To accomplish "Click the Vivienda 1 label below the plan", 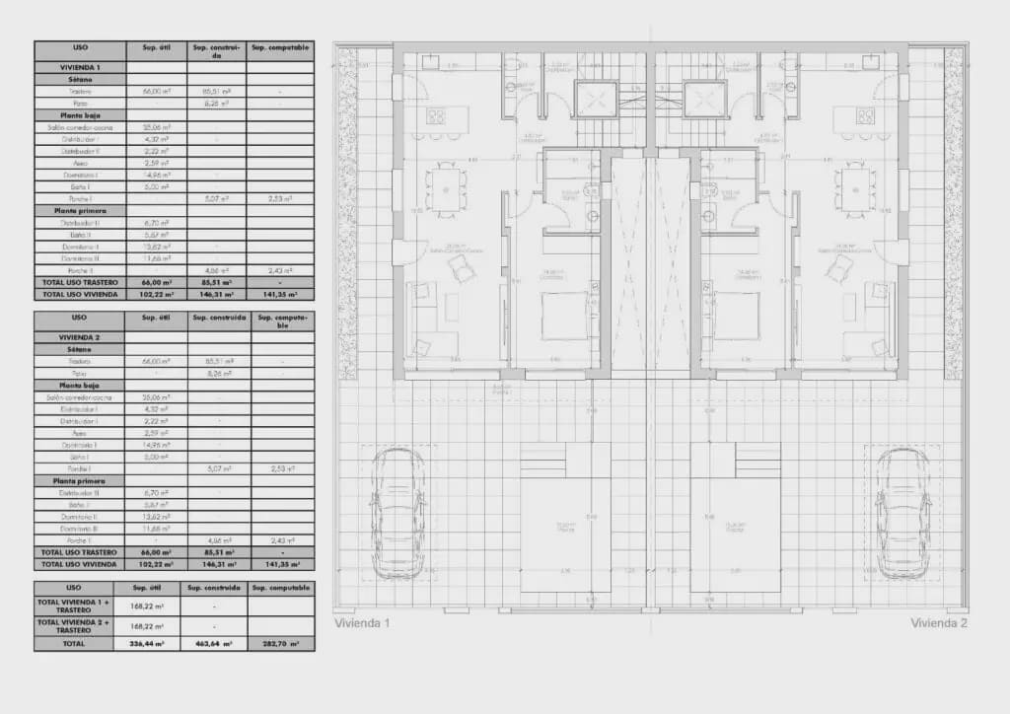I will [362, 623].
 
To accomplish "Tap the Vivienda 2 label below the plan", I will [939, 623].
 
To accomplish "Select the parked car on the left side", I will [397, 513].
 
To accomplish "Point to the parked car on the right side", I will [902, 513].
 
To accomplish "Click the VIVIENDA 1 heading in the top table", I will [80, 67].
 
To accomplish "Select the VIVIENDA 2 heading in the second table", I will [80, 337].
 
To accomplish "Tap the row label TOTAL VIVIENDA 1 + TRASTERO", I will [80, 607].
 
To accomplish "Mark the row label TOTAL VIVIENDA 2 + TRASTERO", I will [80, 626].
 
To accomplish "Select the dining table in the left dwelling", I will [446, 187].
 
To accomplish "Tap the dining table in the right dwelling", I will [854, 187].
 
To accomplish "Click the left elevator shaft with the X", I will [595, 98].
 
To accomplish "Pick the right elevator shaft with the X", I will [705, 98].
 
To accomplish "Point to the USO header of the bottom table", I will [80, 587].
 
